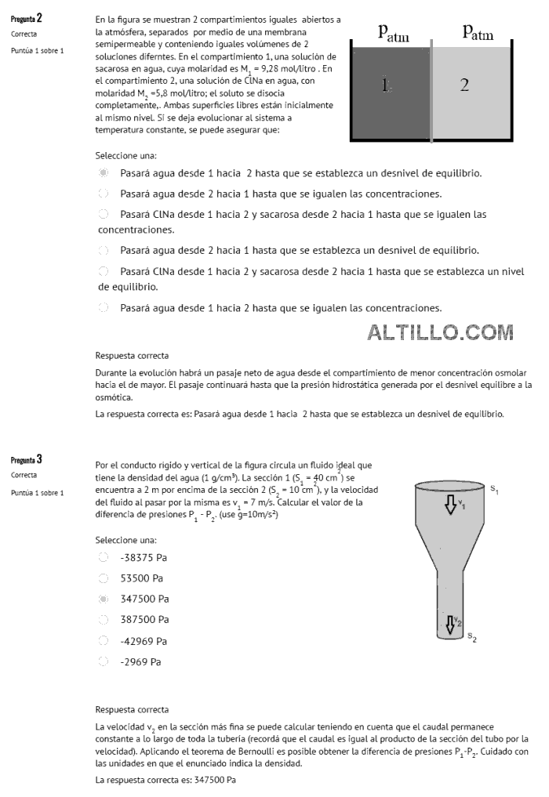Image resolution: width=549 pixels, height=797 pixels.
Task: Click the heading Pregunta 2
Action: tap(27, 19)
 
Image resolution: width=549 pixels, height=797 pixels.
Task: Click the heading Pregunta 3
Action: tap(27, 458)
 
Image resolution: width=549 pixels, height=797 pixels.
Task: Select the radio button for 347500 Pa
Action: tap(103, 599)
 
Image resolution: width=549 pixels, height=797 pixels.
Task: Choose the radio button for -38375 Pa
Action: tap(103, 557)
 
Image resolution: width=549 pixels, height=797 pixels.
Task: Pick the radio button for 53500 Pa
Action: tap(103, 578)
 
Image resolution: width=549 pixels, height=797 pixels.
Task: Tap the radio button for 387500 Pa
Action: tap(103, 620)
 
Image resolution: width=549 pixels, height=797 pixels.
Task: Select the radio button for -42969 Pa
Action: tap(103, 641)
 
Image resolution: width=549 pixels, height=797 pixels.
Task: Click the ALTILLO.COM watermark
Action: tap(440, 333)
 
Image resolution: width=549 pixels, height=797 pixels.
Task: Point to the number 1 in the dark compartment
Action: tap(385, 85)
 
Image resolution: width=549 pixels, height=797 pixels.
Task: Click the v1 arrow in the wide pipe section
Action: tap(451, 503)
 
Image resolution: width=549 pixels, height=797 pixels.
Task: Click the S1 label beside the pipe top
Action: tap(494, 489)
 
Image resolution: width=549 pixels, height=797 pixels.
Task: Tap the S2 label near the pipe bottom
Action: tap(472, 636)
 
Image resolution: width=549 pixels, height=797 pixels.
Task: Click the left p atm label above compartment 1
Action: tap(394, 32)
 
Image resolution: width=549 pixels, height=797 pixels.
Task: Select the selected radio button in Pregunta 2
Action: tap(103, 172)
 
